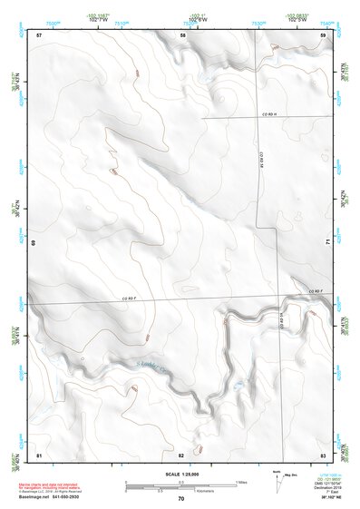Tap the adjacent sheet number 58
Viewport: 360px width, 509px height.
182,34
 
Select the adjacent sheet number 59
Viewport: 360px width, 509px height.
324,34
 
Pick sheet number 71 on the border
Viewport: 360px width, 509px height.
327,243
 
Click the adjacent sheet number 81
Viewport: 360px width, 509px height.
39,454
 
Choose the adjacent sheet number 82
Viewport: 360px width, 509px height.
181,454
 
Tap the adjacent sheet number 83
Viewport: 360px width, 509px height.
323,454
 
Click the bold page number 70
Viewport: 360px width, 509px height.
181,499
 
